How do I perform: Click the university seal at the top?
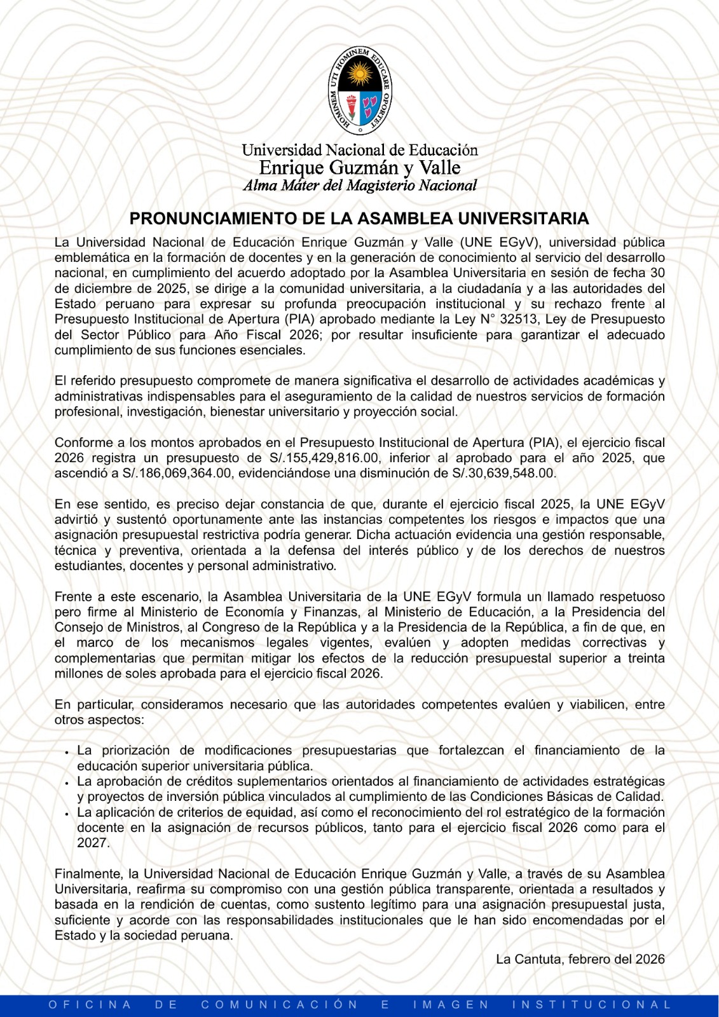click(359, 88)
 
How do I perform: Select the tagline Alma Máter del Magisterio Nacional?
click(360, 186)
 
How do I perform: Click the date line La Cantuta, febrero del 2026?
click(580, 959)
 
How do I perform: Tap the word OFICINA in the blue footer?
click(90, 1005)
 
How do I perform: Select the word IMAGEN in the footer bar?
click(451, 1005)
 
